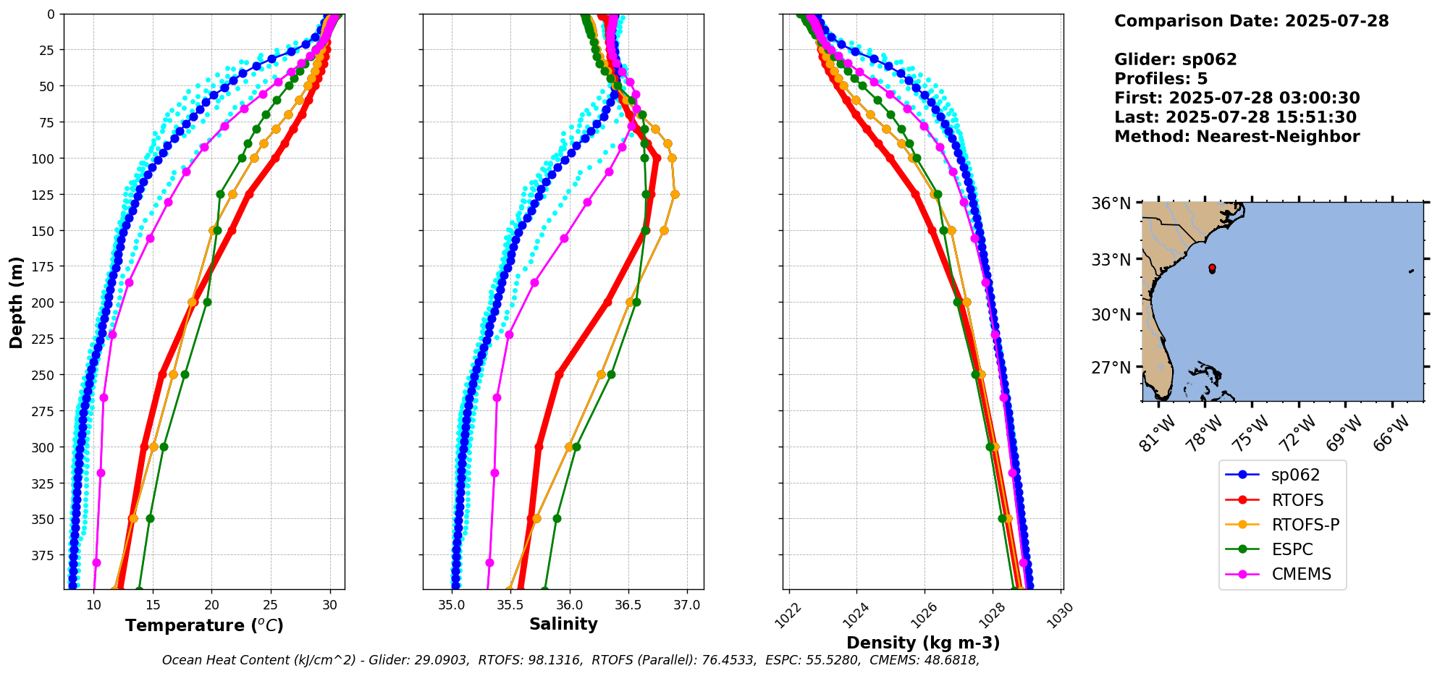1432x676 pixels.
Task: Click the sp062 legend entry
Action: (x=1295, y=475)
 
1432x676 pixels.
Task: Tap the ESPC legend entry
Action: (x=1292, y=549)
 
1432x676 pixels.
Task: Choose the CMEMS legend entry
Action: (x=1301, y=574)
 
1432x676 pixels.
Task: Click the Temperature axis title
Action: (x=204, y=625)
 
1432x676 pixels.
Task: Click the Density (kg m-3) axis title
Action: (x=923, y=643)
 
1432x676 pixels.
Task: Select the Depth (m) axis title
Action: (x=17, y=302)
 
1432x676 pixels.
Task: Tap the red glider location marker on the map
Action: (x=1212, y=269)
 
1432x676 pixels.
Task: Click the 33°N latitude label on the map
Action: (x=1111, y=259)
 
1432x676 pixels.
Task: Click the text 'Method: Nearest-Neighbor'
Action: (x=1237, y=137)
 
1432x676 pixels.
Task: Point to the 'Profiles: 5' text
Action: (x=1161, y=79)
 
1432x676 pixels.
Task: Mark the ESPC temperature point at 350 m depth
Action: (x=150, y=519)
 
